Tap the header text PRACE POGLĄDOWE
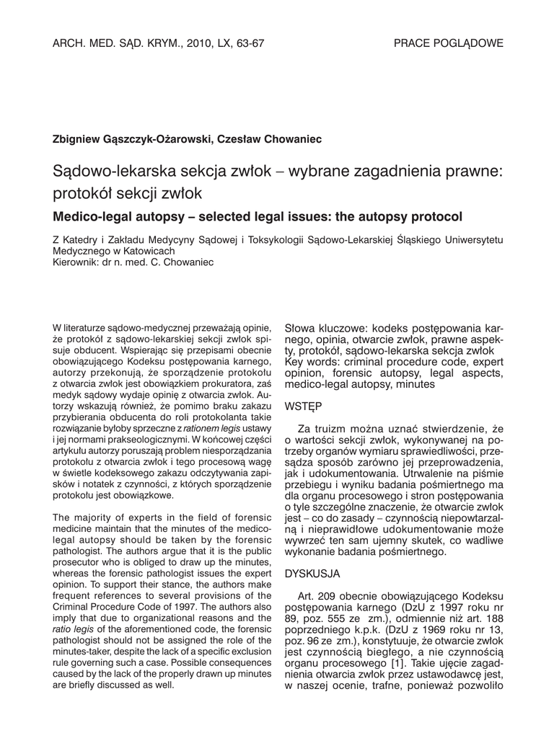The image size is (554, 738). tap(448, 43)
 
